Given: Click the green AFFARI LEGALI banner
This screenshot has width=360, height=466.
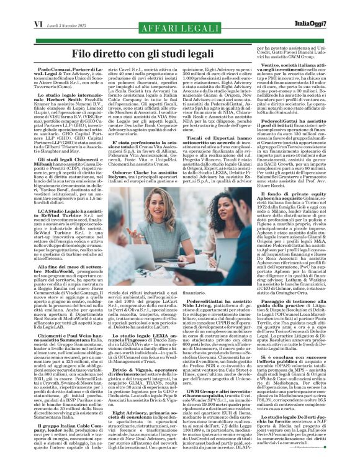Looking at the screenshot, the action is click(x=179, y=30).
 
